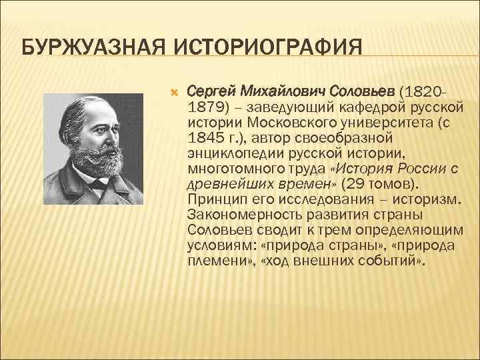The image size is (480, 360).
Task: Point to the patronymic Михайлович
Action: (x=279, y=90)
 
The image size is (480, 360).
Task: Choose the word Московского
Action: (x=285, y=123)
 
